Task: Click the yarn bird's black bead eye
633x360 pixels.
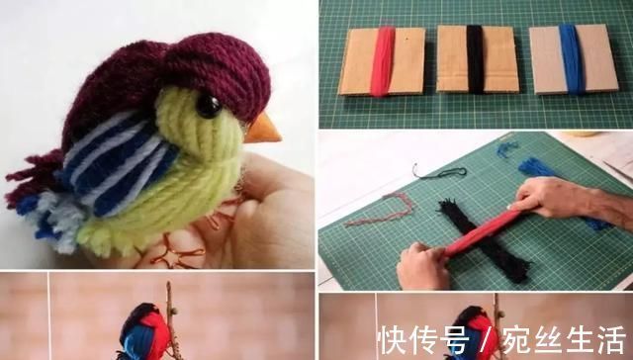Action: point(209,107)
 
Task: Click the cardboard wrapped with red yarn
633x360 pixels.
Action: point(383,61)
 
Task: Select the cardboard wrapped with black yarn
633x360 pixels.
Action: point(477,59)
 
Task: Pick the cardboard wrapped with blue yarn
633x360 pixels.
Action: point(574,59)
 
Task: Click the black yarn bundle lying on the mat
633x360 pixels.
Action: point(485,241)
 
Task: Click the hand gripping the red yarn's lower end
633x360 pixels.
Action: point(424,266)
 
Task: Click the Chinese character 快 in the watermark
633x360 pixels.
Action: point(394,340)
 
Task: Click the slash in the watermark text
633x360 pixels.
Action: point(487,340)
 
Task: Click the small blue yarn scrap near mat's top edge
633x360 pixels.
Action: point(506,148)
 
